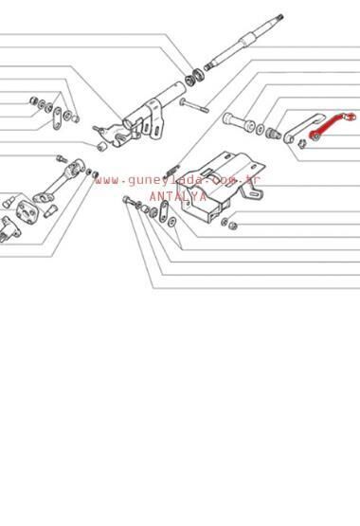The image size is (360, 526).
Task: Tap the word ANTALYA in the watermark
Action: click(x=178, y=196)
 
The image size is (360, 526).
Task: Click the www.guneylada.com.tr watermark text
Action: click(x=178, y=180)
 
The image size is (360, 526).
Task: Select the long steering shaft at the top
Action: click(x=243, y=42)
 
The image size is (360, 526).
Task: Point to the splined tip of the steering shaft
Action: click(x=279, y=17)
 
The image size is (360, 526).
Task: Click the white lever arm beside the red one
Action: click(x=302, y=128)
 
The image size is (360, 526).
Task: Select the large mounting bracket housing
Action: click(x=222, y=187)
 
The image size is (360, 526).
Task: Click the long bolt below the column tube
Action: click(x=194, y=104)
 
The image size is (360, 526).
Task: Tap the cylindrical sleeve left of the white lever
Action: click(x=239, y=122)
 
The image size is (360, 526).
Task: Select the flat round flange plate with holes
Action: click(x=27, y=211)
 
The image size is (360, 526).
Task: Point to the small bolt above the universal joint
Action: click(x=62, y=158)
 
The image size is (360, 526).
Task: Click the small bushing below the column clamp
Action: click(x=102, y=146)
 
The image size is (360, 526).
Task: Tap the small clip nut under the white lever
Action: click(x=302, y=144)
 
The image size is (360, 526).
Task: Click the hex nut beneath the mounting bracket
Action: click(x=233, y=226)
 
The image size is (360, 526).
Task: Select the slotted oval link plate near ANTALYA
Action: click(x=164, y=211)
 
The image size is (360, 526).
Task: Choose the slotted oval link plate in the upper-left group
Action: click(x=58, y=118)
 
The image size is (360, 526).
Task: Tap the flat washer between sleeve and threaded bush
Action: click(x=261, y=129)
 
